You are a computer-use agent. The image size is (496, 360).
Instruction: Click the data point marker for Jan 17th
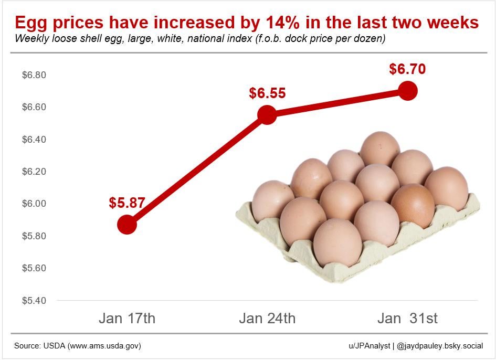127,225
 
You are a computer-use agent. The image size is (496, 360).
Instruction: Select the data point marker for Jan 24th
267,114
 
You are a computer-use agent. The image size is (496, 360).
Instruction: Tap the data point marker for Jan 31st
408,91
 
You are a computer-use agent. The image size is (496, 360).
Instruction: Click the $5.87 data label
127,203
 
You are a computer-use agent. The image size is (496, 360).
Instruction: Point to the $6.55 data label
267,93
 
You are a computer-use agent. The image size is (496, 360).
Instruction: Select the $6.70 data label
407,69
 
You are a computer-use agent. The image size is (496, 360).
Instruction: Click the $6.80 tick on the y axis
34,75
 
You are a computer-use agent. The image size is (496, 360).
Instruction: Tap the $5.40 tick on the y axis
34,301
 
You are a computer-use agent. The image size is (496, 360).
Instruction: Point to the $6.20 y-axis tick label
34,172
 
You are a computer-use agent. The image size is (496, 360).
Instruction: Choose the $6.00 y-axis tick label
34,204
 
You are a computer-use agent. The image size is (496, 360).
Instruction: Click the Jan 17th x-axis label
127,319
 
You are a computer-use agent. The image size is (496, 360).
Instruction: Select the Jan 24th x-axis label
267,319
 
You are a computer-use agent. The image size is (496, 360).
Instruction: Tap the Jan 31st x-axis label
408,319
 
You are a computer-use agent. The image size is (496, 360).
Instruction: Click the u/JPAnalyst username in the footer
369,346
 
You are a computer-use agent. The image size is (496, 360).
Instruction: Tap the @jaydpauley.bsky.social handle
440,346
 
